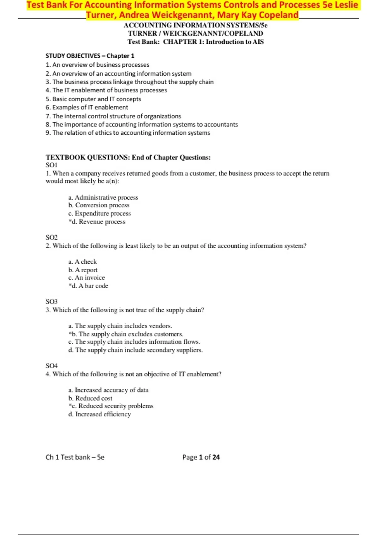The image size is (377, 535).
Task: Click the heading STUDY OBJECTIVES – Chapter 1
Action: click(x=90, y=56)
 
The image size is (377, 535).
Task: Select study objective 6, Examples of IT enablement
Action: click(x=87, y=107)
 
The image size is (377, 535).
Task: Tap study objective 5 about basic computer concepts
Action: click(x=93, y=99)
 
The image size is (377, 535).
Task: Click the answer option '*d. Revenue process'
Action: click(x=97, y=222)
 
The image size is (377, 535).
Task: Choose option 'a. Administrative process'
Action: click(x=103, y=198)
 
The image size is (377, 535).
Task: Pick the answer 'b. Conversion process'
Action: click(x=99, y=205)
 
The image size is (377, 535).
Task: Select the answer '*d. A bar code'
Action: click(x=88, y=286)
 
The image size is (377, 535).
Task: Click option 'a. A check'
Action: click(x=83, y=262)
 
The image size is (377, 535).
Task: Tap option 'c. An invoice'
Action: click(x=87, y=278)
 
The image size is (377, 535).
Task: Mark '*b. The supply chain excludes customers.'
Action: click(x=126, y=334)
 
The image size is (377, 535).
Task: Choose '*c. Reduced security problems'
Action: click(x=111, y=406)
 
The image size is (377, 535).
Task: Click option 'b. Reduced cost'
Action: click(x=90, y=398)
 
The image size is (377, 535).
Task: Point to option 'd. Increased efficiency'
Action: click(x=100, y=414)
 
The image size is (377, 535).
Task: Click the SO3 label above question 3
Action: click(x=52, y=302)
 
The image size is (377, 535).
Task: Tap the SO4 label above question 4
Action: click(x=52, y=366)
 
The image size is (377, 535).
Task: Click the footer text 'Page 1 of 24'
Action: click(x=201, y=457)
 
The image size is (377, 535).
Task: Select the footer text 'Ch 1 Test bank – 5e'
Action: click(x=75, y=457)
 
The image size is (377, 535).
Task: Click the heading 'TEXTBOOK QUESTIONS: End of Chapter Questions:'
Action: click(x=128, y=158)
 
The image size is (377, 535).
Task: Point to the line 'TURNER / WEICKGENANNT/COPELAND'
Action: click(x=195, y=34)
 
